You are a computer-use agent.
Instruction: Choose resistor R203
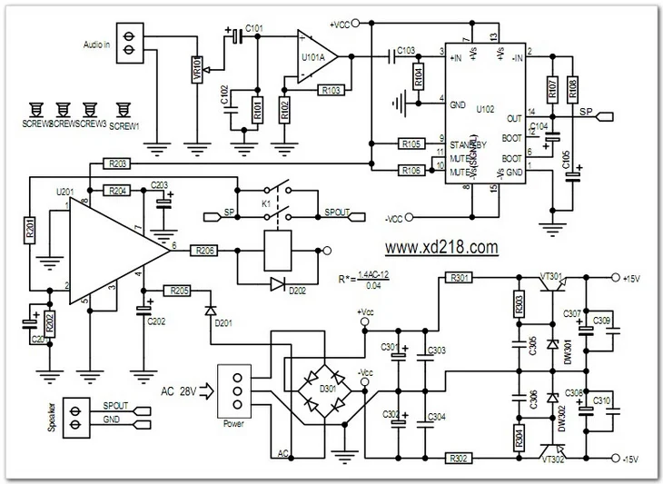click(117, 163)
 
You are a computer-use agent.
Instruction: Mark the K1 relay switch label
click(265, 204)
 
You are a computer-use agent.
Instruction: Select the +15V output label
click(635, 277)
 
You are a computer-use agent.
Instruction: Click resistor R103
click(331, 91)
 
